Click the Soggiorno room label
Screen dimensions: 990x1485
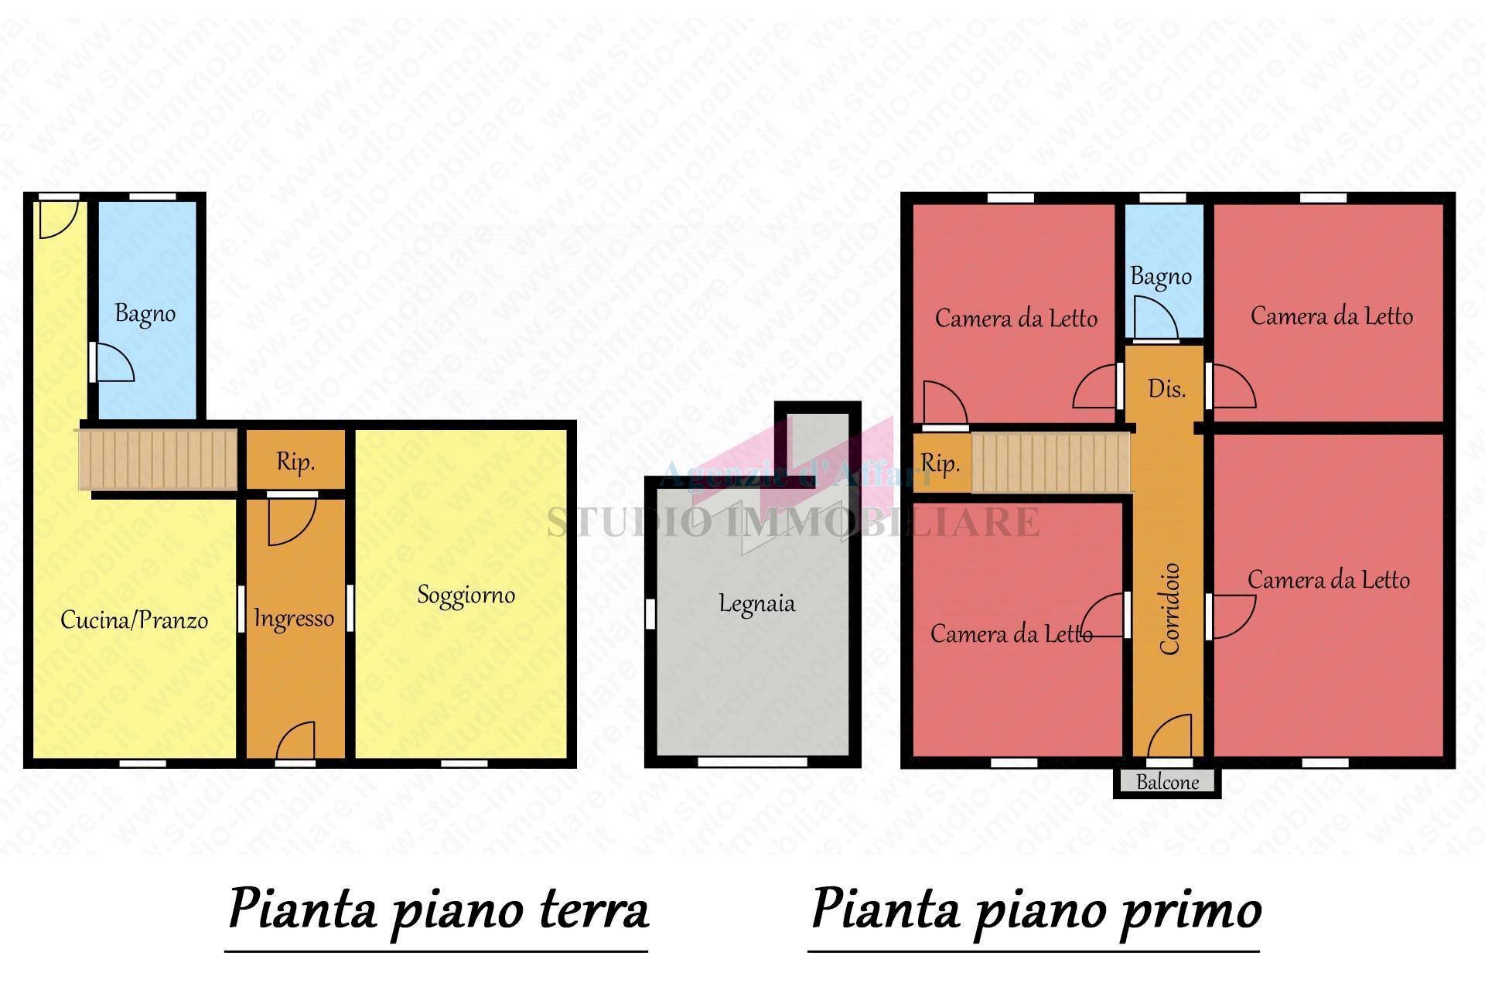coord(466,595)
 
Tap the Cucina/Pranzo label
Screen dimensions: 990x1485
coord(134,620)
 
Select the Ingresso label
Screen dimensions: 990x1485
coord(294,618)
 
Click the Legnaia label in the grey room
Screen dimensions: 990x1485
coord(756,603)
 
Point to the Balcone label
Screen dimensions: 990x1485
coord(1167,782)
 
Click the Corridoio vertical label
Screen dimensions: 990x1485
coord(1169,609)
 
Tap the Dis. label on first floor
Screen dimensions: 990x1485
coord(1166,388)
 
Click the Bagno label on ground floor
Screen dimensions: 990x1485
coord(145,313)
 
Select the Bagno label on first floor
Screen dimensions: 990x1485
coord(1160,277)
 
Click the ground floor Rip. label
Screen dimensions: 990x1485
coord(295,463)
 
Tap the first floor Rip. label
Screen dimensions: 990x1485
coord(940,463)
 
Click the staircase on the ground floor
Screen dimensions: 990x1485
coord(159,459)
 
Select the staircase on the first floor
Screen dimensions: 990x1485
coord(1050,463)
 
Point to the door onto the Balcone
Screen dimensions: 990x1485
coord(1170,738)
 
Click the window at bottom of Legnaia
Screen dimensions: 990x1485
coord(752,763)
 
